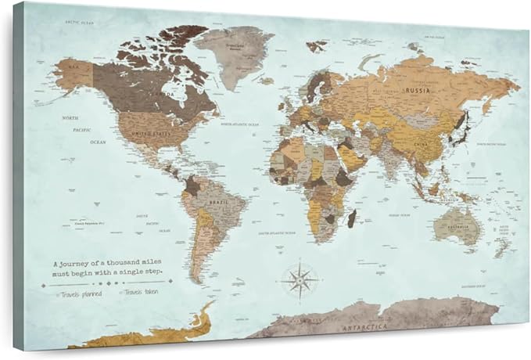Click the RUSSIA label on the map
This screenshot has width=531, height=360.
(x=417, y=91)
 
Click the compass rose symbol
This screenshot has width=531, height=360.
(x=300, y=279)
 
